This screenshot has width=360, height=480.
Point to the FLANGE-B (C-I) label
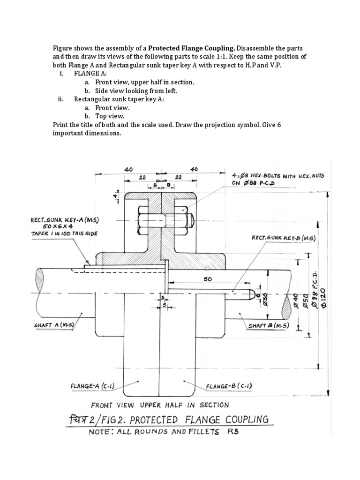(x=229, y=386)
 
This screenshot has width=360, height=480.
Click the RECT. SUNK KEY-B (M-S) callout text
(x=284, y=238)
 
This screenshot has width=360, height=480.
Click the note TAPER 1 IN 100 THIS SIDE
(x=65, y=233)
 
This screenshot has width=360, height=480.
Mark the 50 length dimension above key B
(x=208, y=279)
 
